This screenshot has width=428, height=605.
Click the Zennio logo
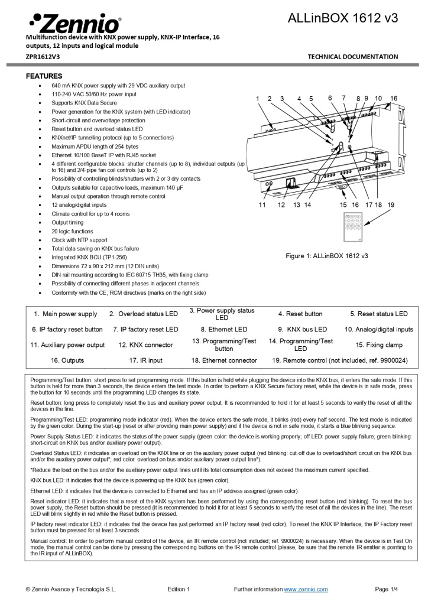(74, 23)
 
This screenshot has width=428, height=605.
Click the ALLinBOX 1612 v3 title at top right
(342, 18)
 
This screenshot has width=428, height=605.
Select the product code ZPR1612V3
(43, 57)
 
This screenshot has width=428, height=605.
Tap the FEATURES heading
(44, 76)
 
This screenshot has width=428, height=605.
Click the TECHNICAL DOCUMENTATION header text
(353, 57)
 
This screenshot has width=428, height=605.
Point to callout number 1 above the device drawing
(257, 99)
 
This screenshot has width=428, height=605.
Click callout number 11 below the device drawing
(262, 204)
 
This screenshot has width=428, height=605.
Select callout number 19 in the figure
(390, 204)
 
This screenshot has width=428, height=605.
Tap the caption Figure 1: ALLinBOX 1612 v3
(326, 256)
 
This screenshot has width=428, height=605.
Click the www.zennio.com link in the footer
(306, 589)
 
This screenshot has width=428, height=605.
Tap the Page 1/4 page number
(386, 589)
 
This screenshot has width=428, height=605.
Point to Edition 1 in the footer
(179, 589)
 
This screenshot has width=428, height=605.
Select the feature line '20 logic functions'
(72, 232)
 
